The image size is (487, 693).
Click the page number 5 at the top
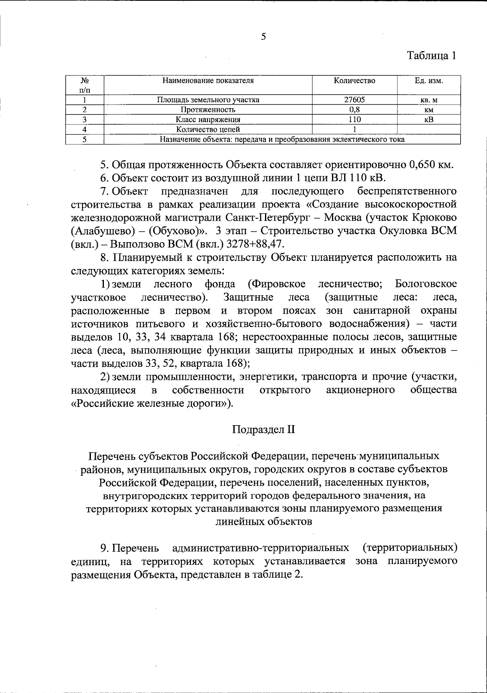(x=263, y=37)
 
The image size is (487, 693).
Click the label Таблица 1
(x=432, y=55)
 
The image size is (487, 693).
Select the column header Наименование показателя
(x=208, y=81)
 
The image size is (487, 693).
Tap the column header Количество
(x=354, y=81)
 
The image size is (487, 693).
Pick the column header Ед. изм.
(x=429, y=81)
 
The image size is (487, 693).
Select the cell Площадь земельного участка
(x=208, y=100)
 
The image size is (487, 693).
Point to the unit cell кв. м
(x=429, y=100)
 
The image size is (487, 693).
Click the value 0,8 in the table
(x=354, y=110)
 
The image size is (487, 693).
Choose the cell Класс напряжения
(x=208, y=120)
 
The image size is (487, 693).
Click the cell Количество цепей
(x=208, y=129)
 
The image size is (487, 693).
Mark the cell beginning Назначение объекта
(x=282, y=140)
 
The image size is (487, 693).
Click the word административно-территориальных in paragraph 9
(x=261, y=548)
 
